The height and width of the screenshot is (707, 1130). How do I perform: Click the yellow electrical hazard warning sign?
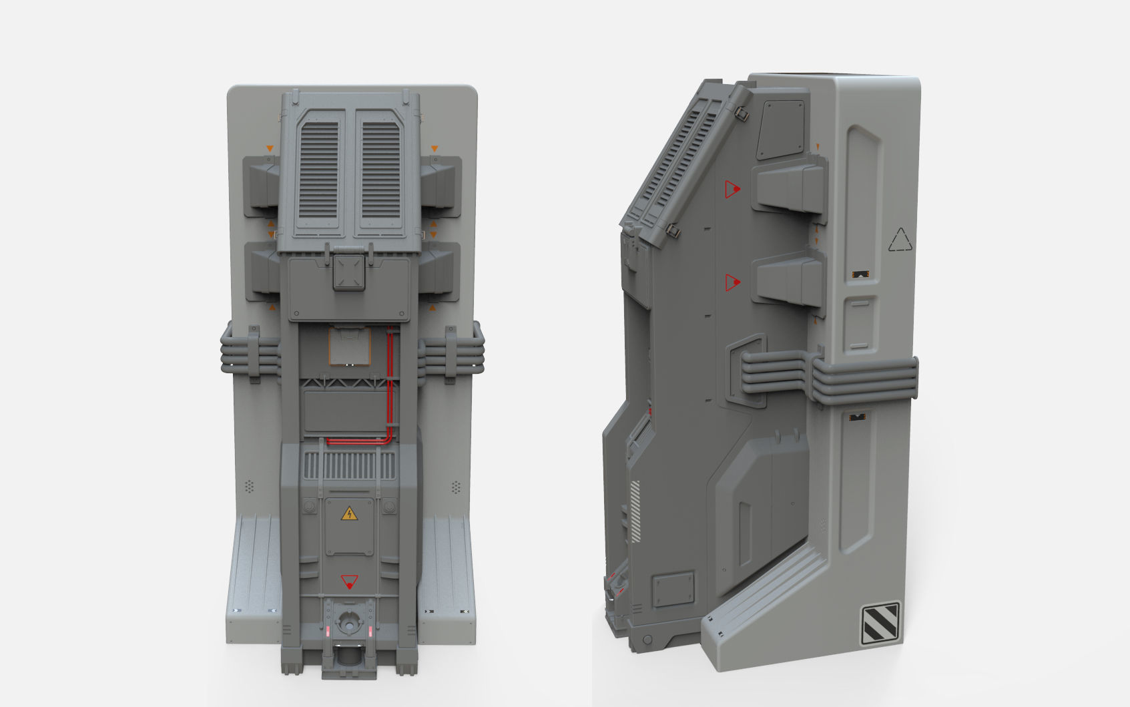[x=349, y=513]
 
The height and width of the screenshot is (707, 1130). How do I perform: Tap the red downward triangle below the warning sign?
[x=349, y=582]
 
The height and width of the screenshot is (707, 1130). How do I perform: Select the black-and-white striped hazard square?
[x=880, y=623]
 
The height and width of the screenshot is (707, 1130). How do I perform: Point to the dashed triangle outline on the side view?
[x=900, y=240]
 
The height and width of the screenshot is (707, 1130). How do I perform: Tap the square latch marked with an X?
[x=349, y=272]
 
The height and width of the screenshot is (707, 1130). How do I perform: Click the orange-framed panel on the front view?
[x=349, y=346]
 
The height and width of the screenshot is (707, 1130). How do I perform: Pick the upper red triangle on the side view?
[x=732, y=189]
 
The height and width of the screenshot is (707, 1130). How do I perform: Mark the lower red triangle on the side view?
[x=732, y=282]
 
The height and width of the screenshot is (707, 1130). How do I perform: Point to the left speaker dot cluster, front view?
[x=250, y=487]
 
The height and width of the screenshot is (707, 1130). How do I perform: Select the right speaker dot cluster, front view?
[x=457, y=487]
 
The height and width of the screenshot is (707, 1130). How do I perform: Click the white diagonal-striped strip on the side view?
[x=635, y=511]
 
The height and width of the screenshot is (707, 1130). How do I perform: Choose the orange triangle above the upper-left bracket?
[x=270, y=148]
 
